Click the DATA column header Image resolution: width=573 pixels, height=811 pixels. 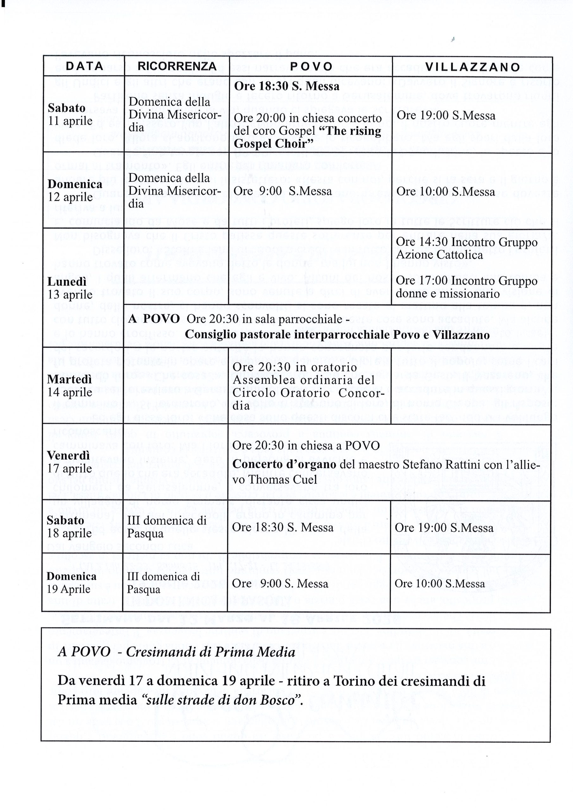[85, 66]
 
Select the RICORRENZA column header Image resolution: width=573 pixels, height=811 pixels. [177, 66]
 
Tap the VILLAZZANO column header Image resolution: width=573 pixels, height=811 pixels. [473, 67]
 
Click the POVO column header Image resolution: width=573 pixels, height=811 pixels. [312, 67]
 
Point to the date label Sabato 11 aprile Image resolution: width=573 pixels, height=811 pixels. [70, 114]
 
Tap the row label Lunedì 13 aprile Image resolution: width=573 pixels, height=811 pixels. [70, 288]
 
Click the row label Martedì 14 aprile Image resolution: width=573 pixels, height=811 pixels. [70, 386]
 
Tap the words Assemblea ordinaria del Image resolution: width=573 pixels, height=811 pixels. [303, 380]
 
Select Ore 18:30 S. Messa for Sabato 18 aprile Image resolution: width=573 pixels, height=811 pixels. [282, 527]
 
